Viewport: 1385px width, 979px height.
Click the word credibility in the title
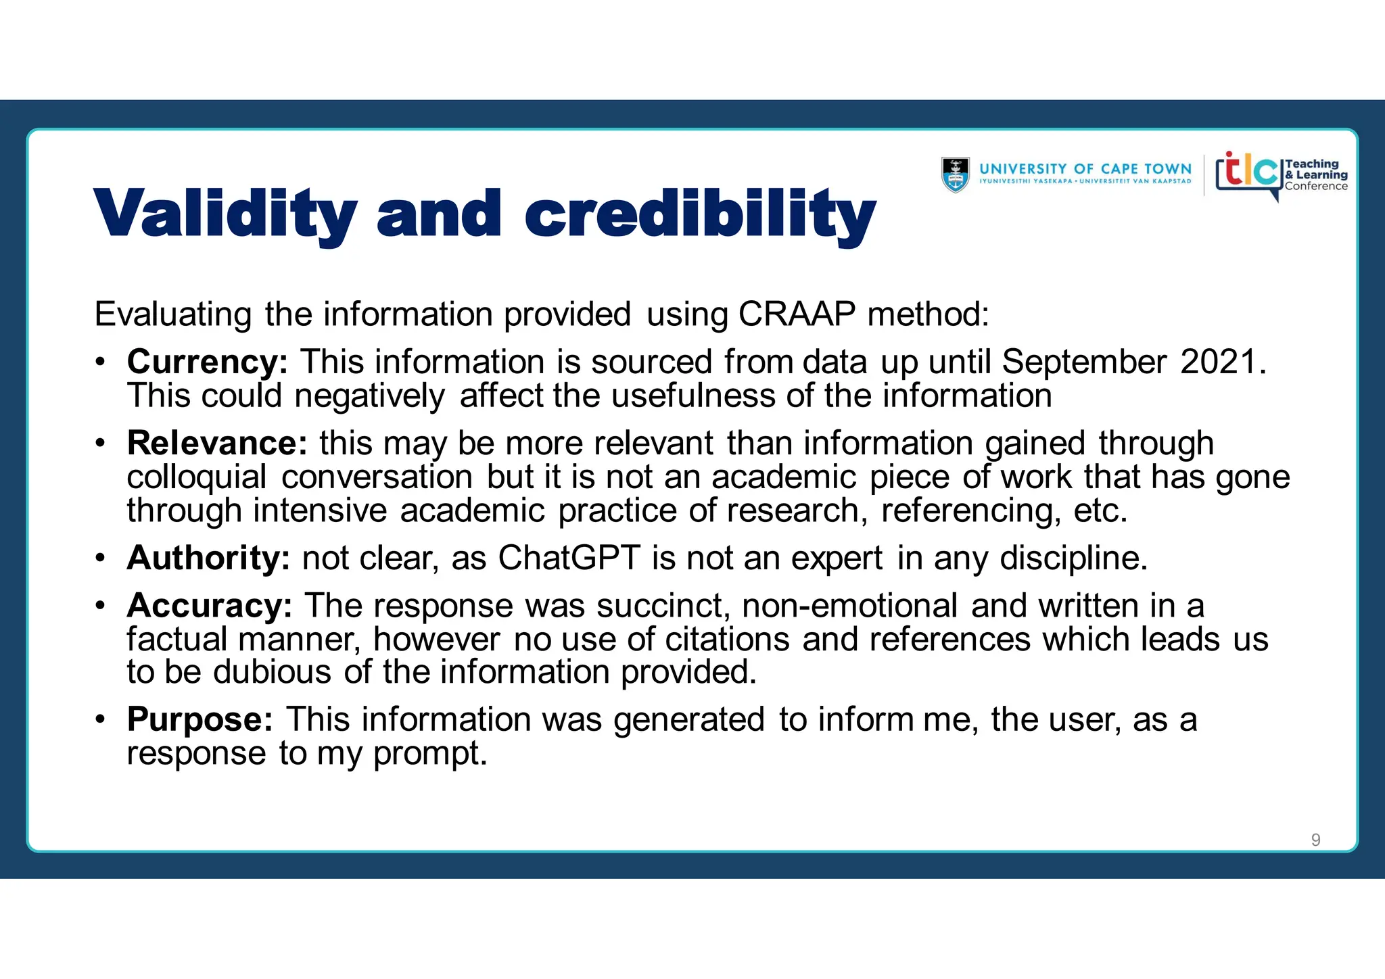click(700, 215)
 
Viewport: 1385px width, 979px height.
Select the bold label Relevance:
click(217, 444)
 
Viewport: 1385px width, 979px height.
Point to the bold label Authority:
click(208, 558)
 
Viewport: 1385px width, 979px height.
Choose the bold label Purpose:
click(200, 719)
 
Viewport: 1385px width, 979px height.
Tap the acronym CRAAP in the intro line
click(797, 314)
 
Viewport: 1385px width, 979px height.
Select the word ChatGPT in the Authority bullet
click(569, 558)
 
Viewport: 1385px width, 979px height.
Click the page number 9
click(1315, 840)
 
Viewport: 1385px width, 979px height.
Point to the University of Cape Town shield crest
click(955, 175)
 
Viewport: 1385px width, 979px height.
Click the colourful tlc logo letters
click(1248, 172)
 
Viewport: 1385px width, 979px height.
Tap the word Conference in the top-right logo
click(1316, 187)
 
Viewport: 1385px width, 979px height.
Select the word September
click(1084, 362)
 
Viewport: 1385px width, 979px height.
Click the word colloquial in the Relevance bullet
click(197, 477)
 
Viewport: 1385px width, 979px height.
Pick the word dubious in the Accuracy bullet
click(273, 672)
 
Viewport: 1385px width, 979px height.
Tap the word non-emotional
click(849, 606)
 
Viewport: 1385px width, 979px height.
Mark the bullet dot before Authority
click(100, 558)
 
